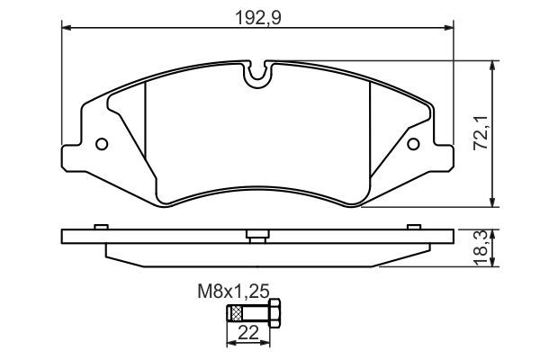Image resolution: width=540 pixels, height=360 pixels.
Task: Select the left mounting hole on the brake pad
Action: (x=102, y=144)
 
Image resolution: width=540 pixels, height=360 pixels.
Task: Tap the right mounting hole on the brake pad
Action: (x=413, y=144)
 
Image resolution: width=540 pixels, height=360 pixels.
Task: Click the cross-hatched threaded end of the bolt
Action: (x=236, y=314)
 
